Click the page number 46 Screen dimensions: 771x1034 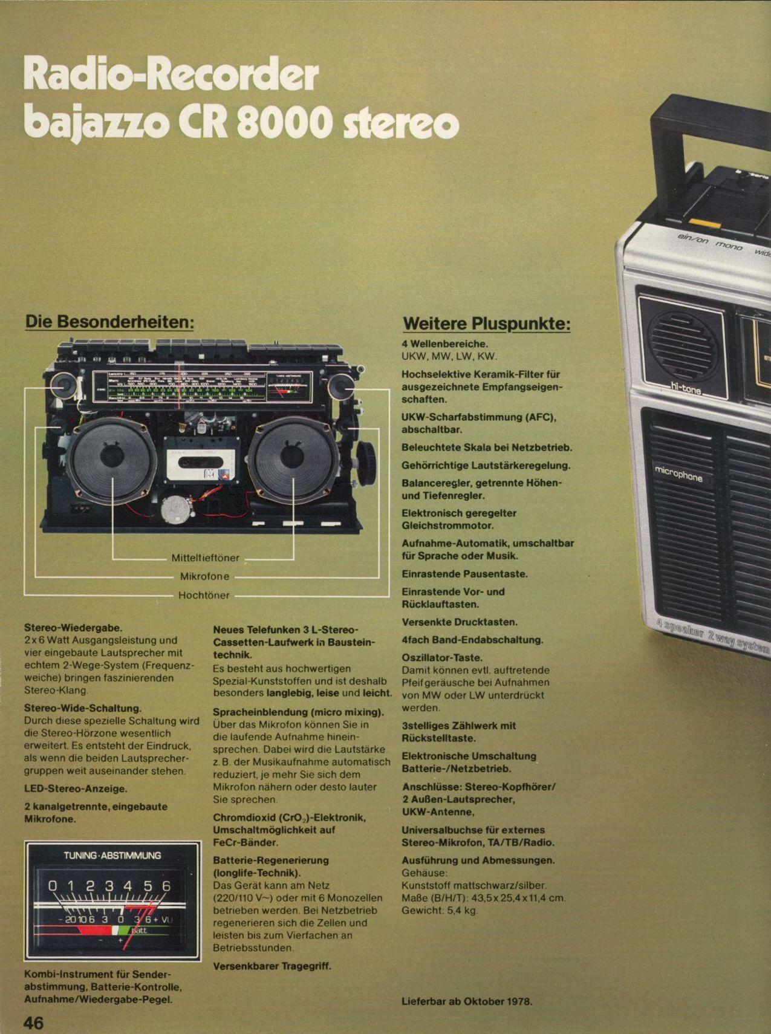pos(34,1023)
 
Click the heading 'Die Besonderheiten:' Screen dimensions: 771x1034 pos(109,322)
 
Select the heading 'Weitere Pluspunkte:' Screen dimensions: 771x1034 pos(486,324)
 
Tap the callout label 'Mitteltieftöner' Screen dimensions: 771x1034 pos(205,558)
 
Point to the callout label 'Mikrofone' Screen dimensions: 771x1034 pos(204,576)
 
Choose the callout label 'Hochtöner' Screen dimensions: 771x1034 pos(204,595)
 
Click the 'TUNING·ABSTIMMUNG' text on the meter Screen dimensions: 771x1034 pos(112,856)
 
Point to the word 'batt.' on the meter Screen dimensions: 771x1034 pos(140,930)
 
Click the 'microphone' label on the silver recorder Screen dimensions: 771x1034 pos(678,475)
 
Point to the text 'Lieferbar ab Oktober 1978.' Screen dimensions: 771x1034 pos(467,1001)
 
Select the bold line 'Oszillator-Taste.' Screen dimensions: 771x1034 pos(442,657)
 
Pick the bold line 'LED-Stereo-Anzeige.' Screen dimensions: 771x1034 pos(75,789)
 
